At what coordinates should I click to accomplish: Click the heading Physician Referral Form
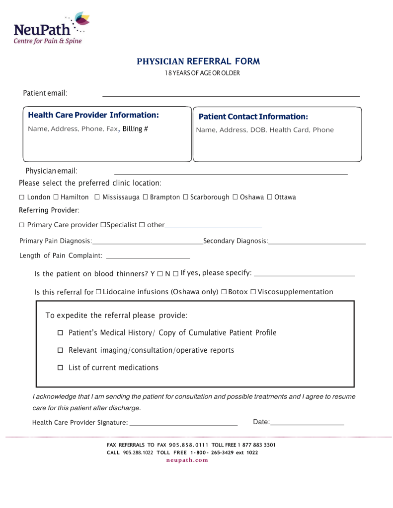tap(198, 62)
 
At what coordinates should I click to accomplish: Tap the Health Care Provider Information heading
tap(93, 115)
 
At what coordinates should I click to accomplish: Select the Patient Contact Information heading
tap(253, 117)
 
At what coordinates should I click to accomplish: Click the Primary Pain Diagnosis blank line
tap(148, 242)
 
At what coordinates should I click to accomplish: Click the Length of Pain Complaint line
tap(148, 257)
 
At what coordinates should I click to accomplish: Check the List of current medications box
tap(61, 368)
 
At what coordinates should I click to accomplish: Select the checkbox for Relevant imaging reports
tap(61, 351)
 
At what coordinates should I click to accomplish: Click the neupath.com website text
tap(187, 460)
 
